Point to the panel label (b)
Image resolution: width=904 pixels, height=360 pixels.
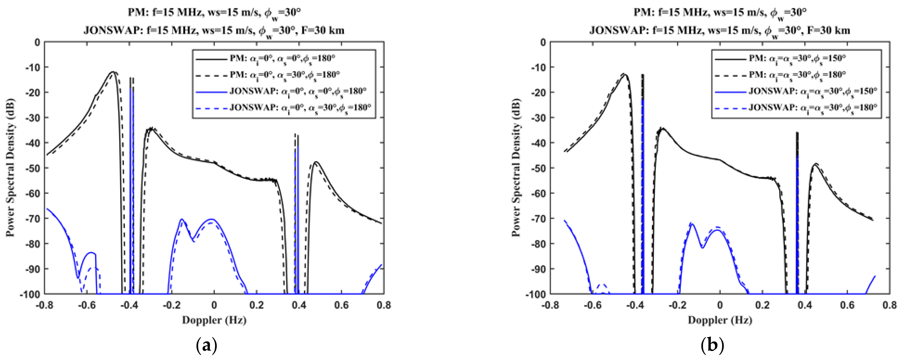coord(712,346)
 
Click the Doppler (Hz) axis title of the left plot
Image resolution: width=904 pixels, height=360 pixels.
coord(214,320)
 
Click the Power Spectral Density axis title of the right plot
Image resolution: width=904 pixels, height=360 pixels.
coord(516,168)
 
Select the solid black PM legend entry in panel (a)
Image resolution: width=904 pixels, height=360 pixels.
coord(283,59)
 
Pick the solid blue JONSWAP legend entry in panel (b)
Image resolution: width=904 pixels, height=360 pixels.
coord(795,91)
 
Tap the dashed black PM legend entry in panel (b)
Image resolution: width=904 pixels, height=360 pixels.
coord(795,75)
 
